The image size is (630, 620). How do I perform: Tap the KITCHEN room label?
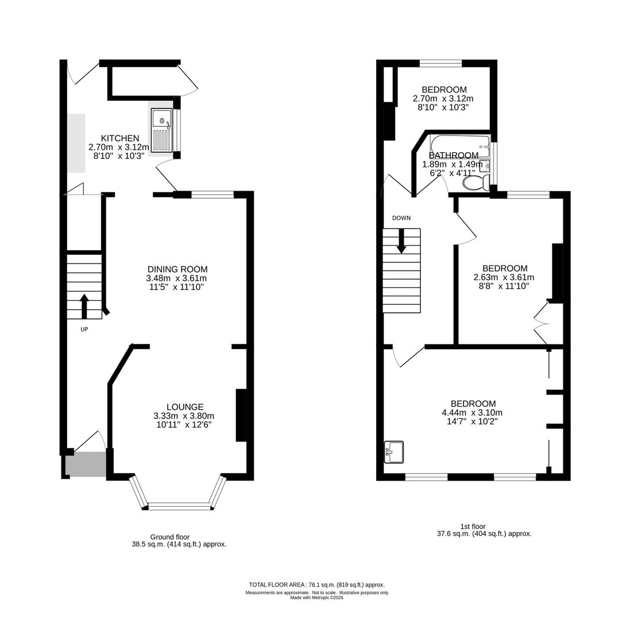pyautogui.click(x=120, y=138)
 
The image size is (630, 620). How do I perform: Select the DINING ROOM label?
pyautogui.click(x=177, y=269)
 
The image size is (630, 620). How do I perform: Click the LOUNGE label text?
pyautogui.click(x=185, y=407)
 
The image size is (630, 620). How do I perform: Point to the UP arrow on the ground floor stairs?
pyautogui.click(x=84, y=306)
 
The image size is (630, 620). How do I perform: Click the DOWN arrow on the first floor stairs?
pyautogui.click(x=401, y=241)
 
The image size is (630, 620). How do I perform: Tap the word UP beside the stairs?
pyautogui.click(x=84, y=330)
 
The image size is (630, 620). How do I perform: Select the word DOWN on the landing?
pyautogui.click(x=401, y=218)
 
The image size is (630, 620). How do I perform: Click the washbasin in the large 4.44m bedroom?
pyautogui.click(x=394, y=452)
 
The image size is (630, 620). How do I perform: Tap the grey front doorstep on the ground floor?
pyautogui.click(x=86, y=464)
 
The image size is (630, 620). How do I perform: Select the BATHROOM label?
pyautogui.click(x=454, y=156)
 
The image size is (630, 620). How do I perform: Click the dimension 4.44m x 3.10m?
pyautogui.click(x=472, y=413)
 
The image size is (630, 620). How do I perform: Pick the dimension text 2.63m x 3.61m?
pyautogui.click(x=504, y=277)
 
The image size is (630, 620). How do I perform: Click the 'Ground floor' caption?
pyautogui.click(x=170, y=537)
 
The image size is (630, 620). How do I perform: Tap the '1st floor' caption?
pyautogui.click(x=473, y=526)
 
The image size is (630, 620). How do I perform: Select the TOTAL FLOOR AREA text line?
pyautogui.click(x=316, y=584)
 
